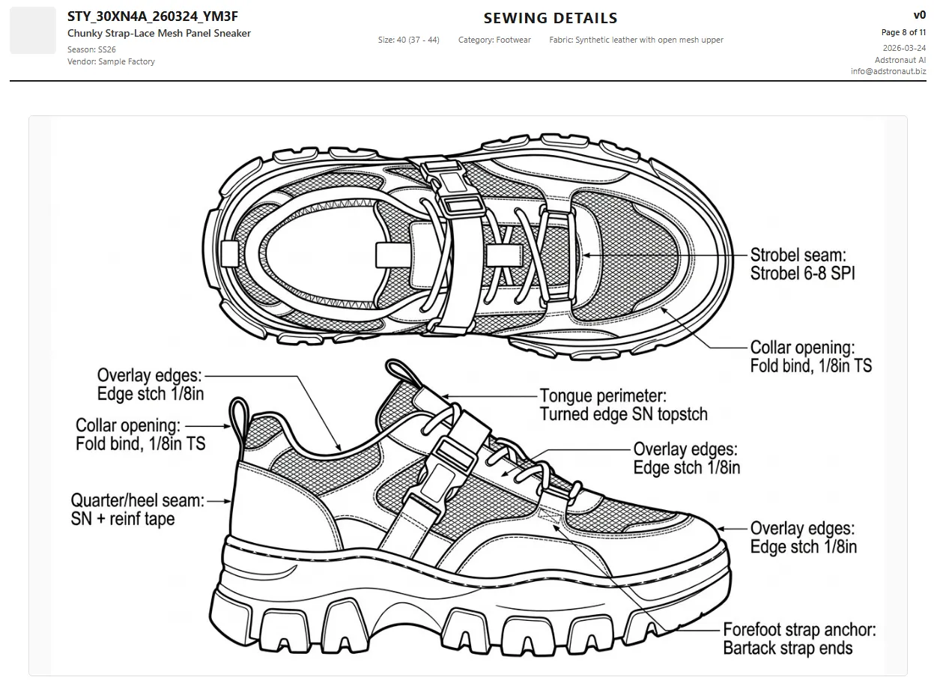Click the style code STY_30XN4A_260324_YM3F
[153, 16]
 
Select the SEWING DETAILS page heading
[551, 18]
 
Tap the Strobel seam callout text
[802, 264]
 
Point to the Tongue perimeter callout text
[623, 404]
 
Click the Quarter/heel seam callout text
[137, 509]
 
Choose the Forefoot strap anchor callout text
[799, 639]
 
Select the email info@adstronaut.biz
[888, 71]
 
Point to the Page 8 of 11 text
[903, 32]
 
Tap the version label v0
[919, 15]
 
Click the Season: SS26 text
[91, 49]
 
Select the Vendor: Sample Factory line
[111, 61]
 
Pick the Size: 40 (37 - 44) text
[408, 40]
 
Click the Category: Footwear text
[494, 40]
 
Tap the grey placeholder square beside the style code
[33, 31]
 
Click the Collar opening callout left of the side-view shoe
[140, 434]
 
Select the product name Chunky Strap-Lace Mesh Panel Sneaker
[159, 33]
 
